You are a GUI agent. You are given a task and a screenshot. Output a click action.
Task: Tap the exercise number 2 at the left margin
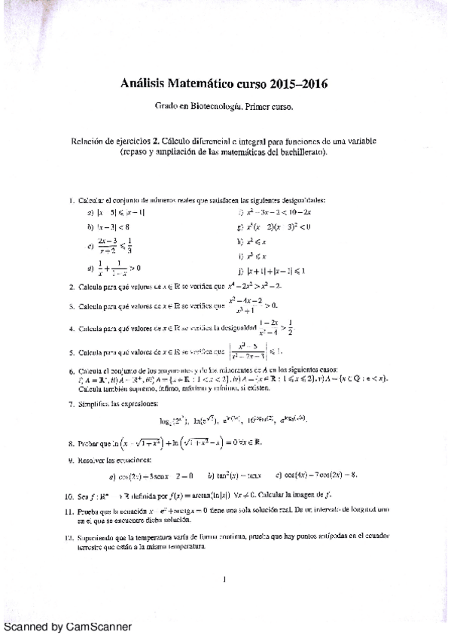70,287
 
